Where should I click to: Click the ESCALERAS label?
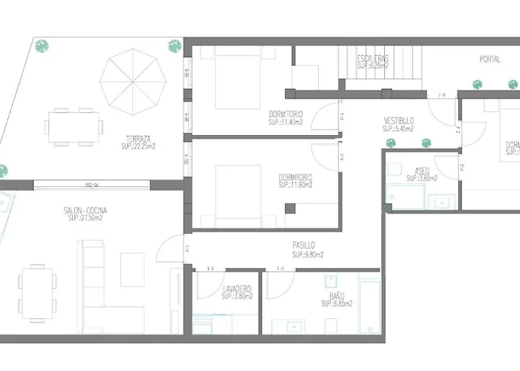[x=373, y=58]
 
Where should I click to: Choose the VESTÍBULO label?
[x=399, y=120]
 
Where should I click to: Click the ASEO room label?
[x=422, y=170]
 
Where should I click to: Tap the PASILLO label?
[x=303, y=245]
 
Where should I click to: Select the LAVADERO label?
[x=237, y=288]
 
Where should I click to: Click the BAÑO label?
[x=335, y=295]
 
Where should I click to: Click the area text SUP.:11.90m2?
[x=295, y=185]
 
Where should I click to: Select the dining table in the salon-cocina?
[x=38, y=290]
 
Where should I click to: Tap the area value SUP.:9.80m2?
[x=308, y=255]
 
